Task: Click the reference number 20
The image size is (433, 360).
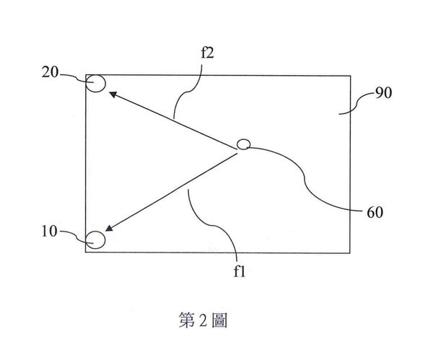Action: pyautogui.click(x=50, y=73)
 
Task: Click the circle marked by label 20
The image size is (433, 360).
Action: pyautogui.click(x=96, y=83)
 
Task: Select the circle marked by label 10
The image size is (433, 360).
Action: pyautogui.click(x=95, y=238)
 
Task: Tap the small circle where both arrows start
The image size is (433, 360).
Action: pyautogui.click(x=243, y=145)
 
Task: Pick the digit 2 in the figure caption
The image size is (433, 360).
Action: pyautogui.click(x=204, y=320)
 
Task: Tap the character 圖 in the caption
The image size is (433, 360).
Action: pyautogui.click(x=220, y=320)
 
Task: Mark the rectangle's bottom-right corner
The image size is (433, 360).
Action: pyautogui.click(x=350, y=253)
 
